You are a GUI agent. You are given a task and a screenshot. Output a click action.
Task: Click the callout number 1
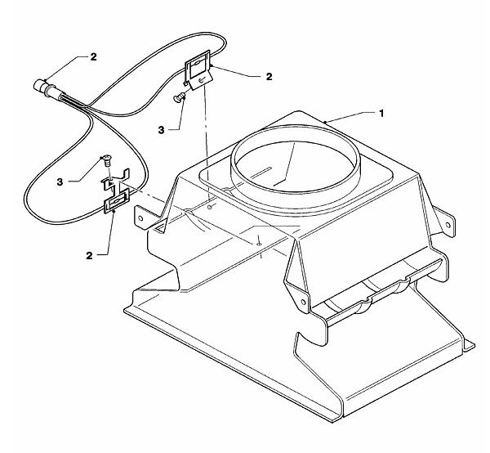click(x=381, y=114)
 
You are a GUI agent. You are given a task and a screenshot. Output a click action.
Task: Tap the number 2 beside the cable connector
click(x=93, y=56)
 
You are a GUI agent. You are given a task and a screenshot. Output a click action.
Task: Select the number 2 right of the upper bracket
click(x=269, y=77)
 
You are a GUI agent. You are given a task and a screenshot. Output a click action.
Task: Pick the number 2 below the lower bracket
click(x=89, y=256)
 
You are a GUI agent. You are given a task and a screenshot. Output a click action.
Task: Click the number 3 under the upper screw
click(x=161, y=130)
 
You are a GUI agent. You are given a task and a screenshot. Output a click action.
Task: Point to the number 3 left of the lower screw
click(x=60, y=182)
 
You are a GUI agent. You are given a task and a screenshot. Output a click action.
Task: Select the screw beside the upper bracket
click(x=179, y=98)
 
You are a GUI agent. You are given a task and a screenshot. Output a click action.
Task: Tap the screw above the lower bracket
click(x=107, y=161)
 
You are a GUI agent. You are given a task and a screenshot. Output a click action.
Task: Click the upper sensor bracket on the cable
click(x=198, y=70)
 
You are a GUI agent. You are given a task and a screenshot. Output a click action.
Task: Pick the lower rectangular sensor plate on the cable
click(x=117, y=201)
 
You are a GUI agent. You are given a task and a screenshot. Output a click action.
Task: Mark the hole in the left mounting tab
click(x=140, y=218)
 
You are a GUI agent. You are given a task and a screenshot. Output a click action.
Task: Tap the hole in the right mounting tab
click(x=448, y=225)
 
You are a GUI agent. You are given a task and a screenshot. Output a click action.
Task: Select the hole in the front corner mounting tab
click(x=303, y=302)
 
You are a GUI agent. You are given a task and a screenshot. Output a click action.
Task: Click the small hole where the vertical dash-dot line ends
click(x=210, y=207)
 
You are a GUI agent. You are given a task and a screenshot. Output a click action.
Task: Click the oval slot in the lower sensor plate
click(x=117, y=201)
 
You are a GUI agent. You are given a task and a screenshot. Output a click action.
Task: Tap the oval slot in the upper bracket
click(x=196, y=64)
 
